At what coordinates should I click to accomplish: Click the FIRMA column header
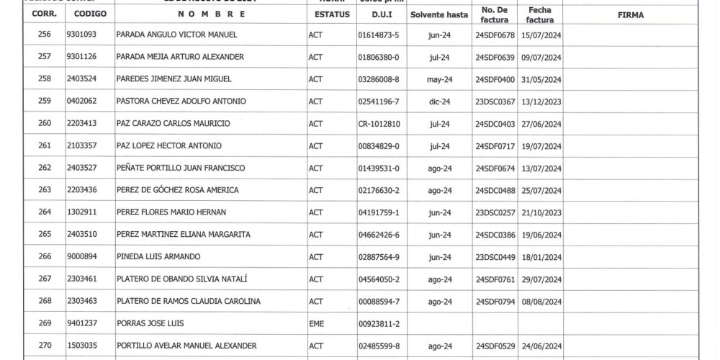click(630, 14)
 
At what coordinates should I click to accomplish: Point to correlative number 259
click(45, 102)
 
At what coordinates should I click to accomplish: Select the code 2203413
click(81, 124)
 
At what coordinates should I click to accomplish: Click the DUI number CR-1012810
click(378, 124)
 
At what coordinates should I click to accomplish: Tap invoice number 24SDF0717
click(495, 146)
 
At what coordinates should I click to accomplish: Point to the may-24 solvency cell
click(438, 79)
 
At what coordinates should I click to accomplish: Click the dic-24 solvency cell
click(438, 102)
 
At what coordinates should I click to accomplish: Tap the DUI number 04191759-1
click(378, 213)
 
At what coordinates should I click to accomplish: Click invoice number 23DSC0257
click(495, 213)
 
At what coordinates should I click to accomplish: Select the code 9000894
click(81, 257)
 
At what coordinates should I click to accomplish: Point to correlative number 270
click(45, 346)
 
